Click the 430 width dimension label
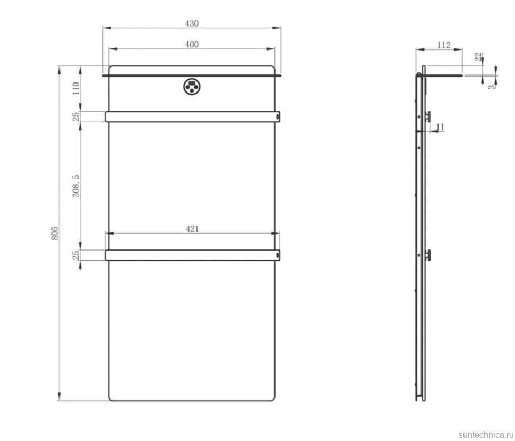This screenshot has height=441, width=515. (192, 23)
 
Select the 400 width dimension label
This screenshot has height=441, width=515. (192, 45)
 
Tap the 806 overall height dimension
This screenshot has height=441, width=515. (55, 233)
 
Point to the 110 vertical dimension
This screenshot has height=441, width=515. (76, 88)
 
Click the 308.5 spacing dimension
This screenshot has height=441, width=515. (76, 186)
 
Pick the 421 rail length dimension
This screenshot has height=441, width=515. (192, 229)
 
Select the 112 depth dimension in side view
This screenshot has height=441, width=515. (444, 45)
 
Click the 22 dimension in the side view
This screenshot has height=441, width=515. (478, 56)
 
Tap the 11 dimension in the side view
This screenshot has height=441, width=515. (440, 127)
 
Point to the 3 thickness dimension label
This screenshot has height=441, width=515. (491, 87)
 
